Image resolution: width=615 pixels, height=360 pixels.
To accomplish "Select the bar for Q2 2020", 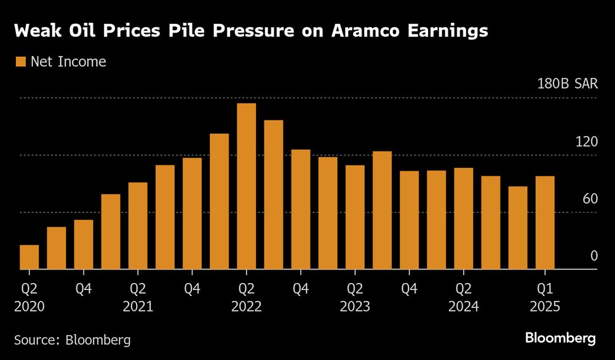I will (29, 257).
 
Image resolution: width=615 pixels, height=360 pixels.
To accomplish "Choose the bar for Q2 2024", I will (463, 218).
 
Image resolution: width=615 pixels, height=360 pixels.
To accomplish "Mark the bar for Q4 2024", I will (518, 228).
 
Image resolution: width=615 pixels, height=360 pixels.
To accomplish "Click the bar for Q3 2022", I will (274, 194).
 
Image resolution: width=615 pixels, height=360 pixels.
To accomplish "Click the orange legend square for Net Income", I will (20, 62).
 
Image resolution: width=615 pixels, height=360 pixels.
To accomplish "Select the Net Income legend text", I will (68, 62).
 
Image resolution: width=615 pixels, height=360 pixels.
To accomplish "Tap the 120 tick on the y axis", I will (586, 142).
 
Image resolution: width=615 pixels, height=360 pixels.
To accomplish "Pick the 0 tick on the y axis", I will (593, 256).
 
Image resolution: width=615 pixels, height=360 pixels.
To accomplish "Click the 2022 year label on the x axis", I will (246, 305).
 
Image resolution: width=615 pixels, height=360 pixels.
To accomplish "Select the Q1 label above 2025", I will (545, 287).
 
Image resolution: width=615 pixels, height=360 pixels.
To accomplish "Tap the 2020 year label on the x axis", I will (29, 305).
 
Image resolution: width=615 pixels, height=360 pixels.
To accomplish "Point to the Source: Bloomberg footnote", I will (72, 339).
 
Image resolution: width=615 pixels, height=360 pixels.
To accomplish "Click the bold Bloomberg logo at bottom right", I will (560, 338).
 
